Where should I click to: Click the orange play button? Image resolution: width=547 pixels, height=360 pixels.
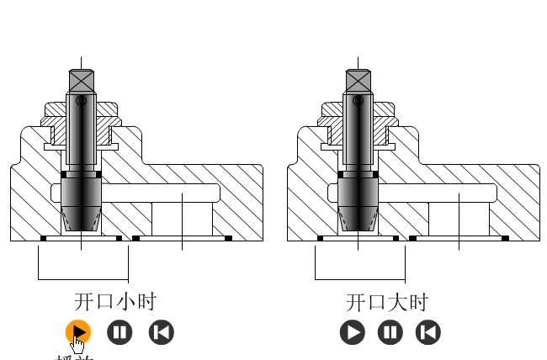pos(77,332)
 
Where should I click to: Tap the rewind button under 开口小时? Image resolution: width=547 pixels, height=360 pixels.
pos(161,332)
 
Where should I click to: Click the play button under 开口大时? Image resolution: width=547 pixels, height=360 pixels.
pos(353,332)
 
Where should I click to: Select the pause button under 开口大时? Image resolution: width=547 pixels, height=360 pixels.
pos(390,332)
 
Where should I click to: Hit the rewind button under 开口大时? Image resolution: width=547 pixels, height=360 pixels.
pos(428,332)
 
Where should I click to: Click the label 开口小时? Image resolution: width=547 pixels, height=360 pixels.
pos(115,302)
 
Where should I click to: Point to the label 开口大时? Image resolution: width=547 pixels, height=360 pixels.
pos(387,302)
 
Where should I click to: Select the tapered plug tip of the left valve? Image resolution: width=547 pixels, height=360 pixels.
pos(82,220)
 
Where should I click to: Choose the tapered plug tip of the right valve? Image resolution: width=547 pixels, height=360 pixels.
pos(358,220)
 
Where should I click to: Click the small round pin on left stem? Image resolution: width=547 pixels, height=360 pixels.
pos(81,102)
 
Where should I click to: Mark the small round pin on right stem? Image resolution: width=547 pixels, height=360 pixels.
pos(358,102)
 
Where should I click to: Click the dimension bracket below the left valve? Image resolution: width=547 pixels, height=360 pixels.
pos(82,279)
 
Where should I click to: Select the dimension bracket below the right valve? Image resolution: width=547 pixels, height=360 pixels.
pos(359,279)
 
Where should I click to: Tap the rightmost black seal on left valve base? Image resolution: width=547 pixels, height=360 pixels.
pos(228,238)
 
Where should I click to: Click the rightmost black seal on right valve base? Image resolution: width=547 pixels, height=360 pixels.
pos(505,238)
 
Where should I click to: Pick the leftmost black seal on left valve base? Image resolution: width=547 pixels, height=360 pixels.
pos(43,238)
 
